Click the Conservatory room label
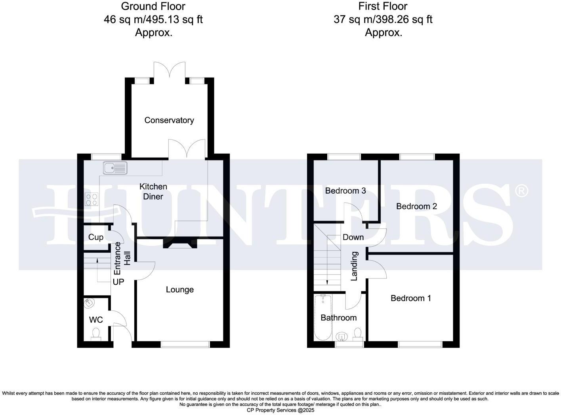coord(169,120)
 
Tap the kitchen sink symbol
coord(115,168)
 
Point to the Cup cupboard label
coord(96,237)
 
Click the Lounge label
coord(179,290)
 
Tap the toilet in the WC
coord(96,334)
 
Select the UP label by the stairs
coord(118,282)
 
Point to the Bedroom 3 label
coord(345,191)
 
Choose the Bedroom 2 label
coord(416,206)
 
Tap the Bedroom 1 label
coord(410,298)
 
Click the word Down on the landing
coord(353,237)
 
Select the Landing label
coord(354,266)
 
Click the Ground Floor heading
coord(153,6)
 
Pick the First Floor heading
coord(383,6)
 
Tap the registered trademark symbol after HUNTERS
coord(521,191)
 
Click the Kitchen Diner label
coord(153,191)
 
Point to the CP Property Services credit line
coord(280,410)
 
